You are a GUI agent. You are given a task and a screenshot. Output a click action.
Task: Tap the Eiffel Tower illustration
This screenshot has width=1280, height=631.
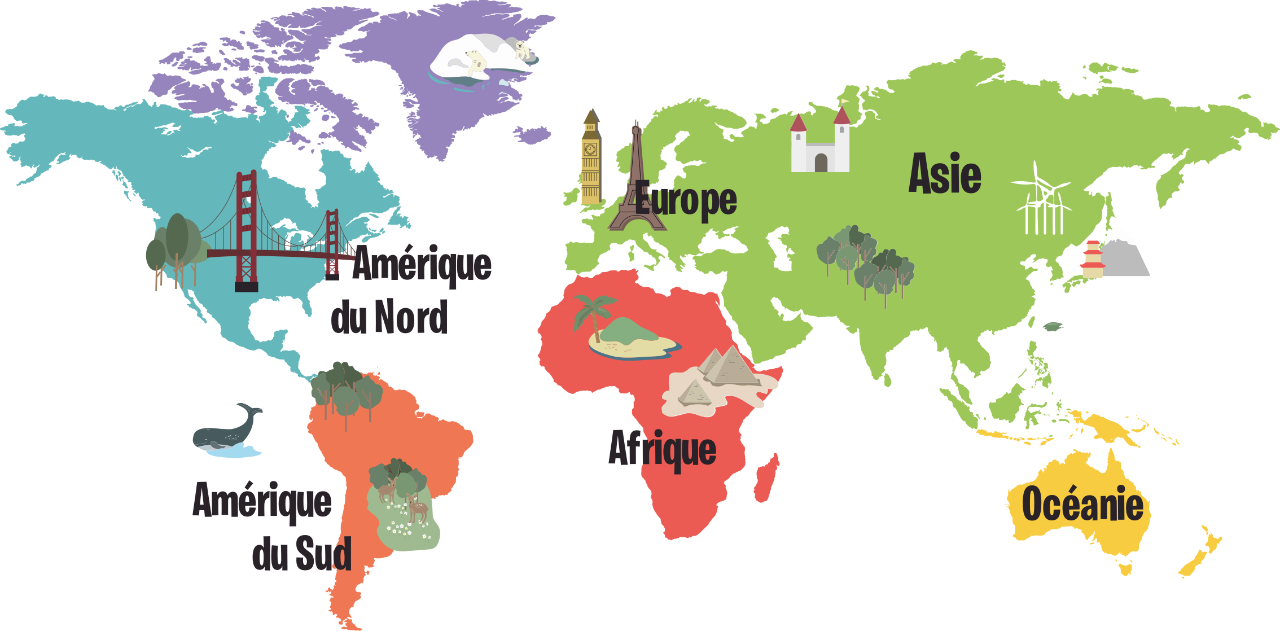pos(636,186)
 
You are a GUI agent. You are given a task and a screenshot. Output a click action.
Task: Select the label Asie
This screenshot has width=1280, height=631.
pos(945,174)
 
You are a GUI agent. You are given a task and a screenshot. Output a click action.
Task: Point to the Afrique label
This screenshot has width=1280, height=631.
pos(662,449)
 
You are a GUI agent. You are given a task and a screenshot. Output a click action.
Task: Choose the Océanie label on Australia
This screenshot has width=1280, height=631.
pos(1082,504)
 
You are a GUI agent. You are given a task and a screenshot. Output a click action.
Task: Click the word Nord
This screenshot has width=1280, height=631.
pos(410,317)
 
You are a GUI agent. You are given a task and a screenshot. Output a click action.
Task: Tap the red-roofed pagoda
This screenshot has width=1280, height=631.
pos(1093,260)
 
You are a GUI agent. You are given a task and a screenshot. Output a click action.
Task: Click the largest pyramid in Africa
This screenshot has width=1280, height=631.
pos(732,367)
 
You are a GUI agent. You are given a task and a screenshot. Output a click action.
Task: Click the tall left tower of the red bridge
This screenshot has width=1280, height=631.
pos(246,231)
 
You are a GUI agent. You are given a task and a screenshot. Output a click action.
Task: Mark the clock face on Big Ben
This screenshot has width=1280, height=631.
pos(590,150)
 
